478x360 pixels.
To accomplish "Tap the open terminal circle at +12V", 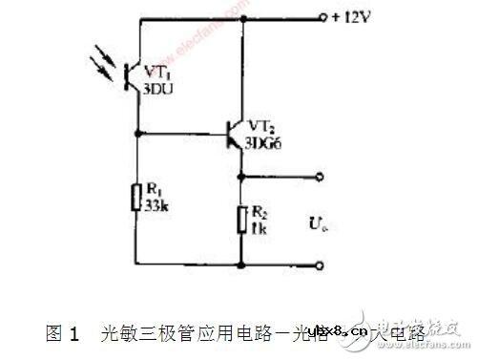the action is pyautogui.click(x=322, y=17).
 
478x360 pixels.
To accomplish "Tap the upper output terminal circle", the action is pyautogui.click(x=322, y=176).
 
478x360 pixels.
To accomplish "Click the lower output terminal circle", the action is pyautogui.click(x=322, y=264).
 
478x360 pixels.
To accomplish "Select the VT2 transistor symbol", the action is pyautogui.click(x=235, y=135).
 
